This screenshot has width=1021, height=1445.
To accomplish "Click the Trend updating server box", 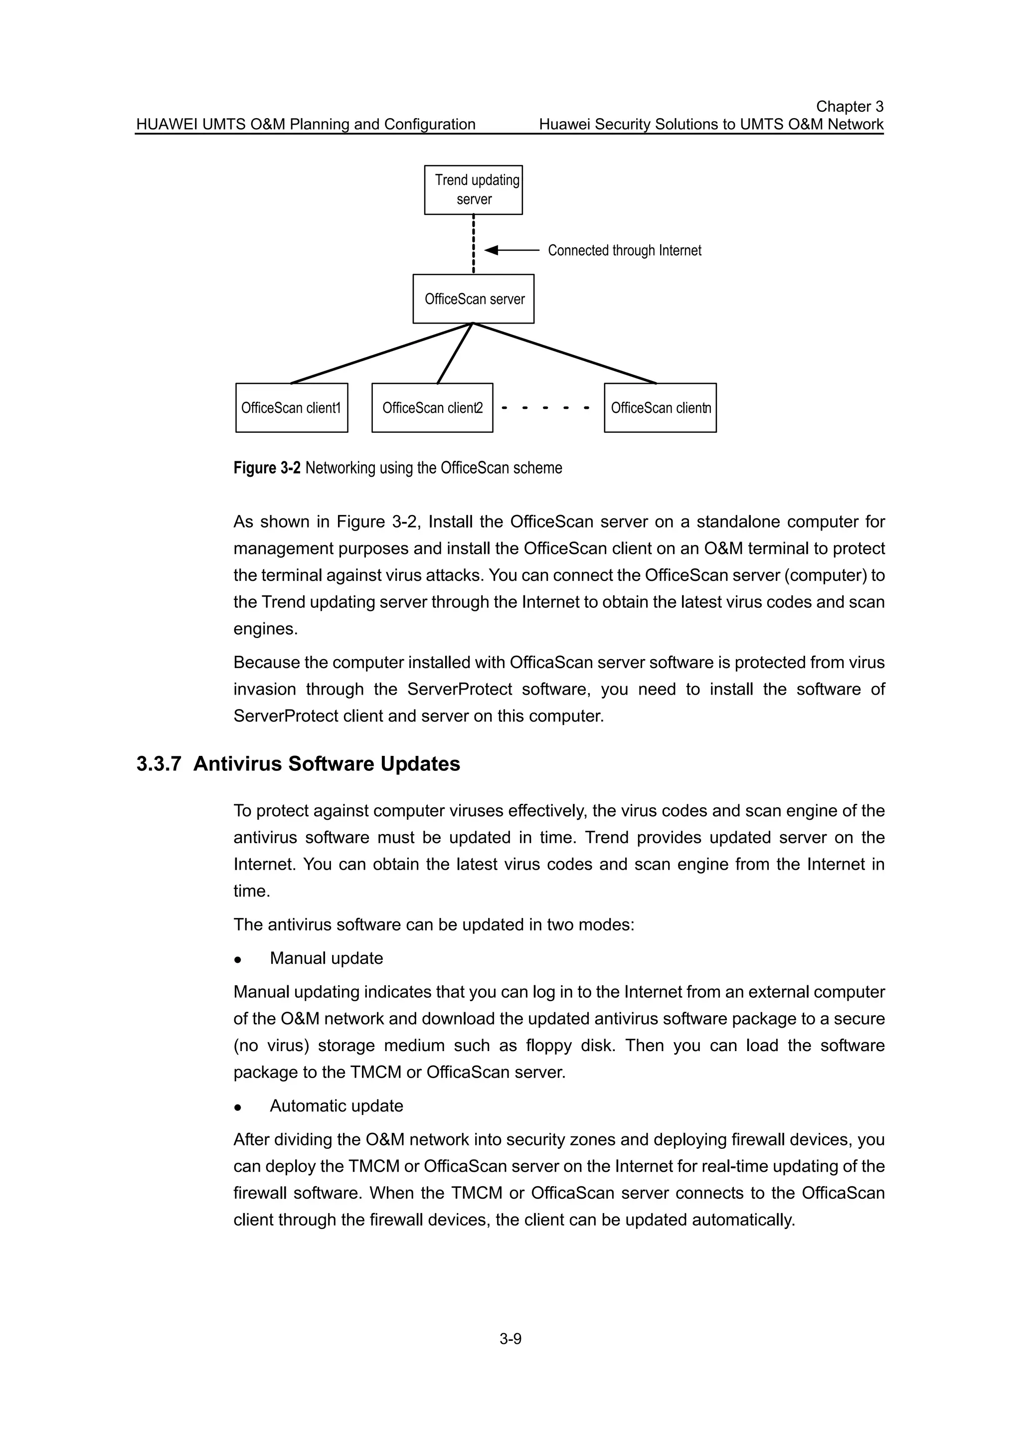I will tap(473, 189).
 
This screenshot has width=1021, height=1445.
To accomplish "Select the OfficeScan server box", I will tap(473, 299).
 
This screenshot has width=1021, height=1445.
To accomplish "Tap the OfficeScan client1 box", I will tap(291, 408).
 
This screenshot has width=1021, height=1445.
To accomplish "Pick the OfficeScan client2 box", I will tap(432, 408).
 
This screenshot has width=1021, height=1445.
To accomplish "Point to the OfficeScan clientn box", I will tap(660, 408).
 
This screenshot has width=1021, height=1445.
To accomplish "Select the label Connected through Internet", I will tap(624, 250).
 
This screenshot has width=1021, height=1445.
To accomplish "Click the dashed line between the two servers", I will tap(473, 244).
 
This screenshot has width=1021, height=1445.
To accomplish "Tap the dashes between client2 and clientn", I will tap(545, 408).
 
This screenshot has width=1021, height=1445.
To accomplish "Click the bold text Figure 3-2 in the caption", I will tap(267, 468).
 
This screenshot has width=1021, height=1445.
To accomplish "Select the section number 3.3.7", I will tap(159, 764).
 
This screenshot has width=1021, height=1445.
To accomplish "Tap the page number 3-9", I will tap(510, 1339).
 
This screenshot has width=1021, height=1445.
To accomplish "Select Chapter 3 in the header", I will tap(850, 106).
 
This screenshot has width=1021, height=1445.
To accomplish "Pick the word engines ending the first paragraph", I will tap(265, 629).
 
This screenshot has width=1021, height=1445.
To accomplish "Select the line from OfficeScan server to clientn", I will tap(564, 353).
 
